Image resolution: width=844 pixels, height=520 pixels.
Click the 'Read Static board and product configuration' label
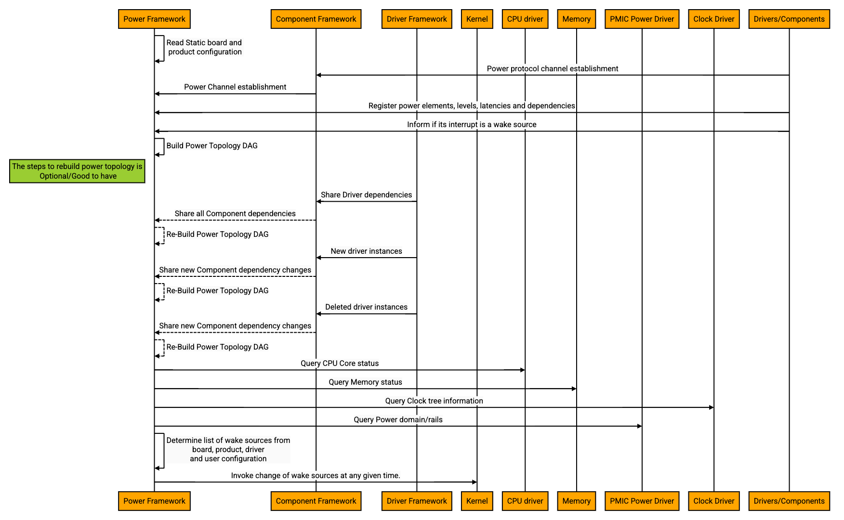[x=205, y=47]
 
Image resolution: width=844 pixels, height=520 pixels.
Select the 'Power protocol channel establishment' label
[x=552, y=69]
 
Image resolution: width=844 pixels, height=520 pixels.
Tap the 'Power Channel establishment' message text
[x=235, y=87]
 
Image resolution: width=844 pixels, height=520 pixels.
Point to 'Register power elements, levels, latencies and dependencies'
[x=472, y=106]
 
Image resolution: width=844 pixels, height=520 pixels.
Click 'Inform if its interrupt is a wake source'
[x=472, y=125]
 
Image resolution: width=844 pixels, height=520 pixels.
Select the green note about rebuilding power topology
[x=77, y=171]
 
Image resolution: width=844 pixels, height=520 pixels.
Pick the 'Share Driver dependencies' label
[x=366, y=195]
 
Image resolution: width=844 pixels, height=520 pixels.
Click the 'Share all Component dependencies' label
[x=235, y=214]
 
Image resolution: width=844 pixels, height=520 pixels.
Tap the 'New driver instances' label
[x=366, y=251]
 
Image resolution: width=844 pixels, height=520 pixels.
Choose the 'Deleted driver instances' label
[x=366, y=307]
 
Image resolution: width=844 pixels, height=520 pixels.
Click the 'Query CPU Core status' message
[x=340, y=364]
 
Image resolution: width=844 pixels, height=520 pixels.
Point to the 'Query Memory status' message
[x=365, y=382]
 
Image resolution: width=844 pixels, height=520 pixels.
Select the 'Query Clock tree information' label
[x=434, y=401]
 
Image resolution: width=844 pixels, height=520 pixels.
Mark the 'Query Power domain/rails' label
[x=398, y=420]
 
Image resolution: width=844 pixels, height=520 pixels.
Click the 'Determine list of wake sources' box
[x=228, y=450]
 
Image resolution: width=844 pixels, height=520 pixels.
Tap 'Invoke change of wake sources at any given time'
[x=316, y=476]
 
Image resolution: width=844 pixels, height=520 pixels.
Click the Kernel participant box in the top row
[x=477, y=19]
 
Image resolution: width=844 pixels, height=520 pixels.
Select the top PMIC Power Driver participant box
[x=642, y=19]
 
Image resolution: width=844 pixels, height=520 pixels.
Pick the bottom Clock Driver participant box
[x=713, y=501]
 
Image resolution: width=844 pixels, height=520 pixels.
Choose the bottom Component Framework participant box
[x=316, y=501]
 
